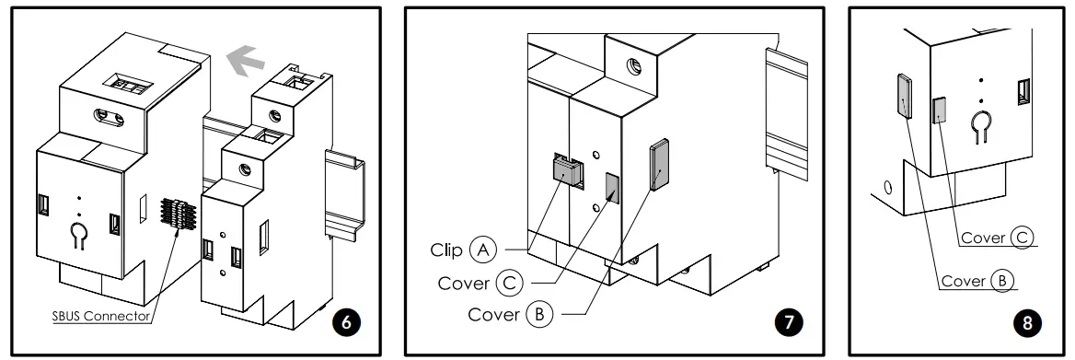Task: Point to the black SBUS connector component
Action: coord(180,216)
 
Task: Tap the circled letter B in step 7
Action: coord(539,314)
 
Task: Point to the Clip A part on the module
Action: coord(567,170)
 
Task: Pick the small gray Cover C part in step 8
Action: coord(940,110)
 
